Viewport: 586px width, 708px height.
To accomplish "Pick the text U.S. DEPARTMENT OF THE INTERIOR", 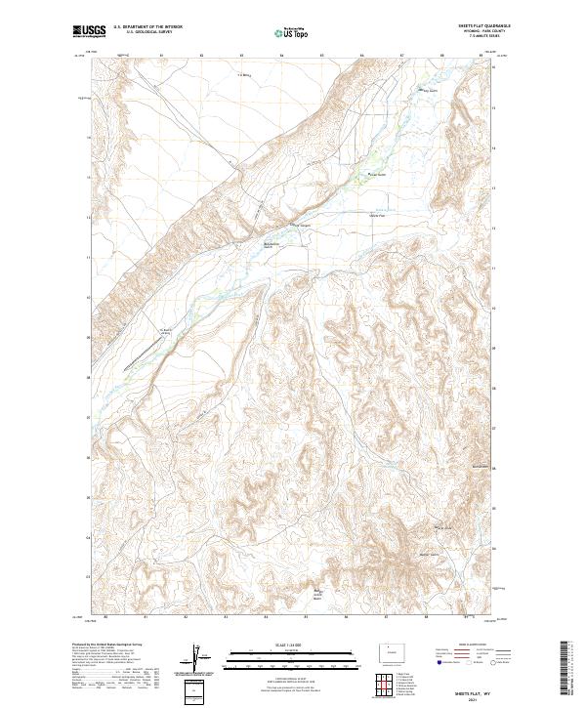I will [146, 27].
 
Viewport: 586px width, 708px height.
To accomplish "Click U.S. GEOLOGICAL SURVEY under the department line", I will [146, 32].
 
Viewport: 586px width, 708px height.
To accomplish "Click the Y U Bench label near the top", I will [245, 74].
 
